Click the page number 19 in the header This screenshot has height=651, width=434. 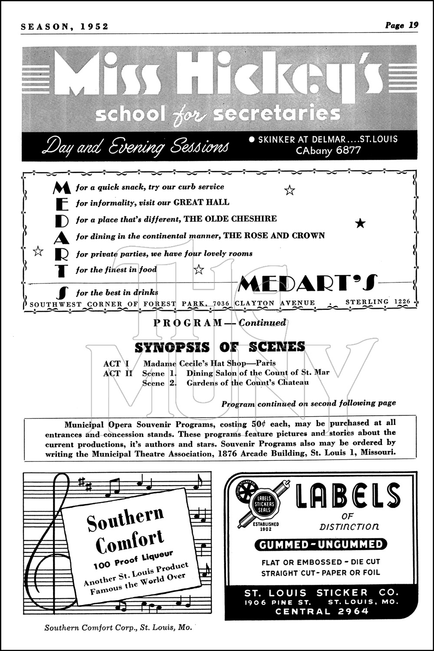(x=413, y=25)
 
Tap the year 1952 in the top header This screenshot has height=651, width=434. (x=94, y=26)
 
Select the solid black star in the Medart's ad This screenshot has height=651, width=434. (x=360, y=224)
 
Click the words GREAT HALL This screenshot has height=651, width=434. (x=201, y=202)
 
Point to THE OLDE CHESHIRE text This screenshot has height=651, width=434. (x=230, y=219)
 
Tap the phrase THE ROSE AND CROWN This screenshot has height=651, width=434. (x=274, y=236)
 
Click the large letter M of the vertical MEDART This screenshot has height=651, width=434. (x=61, y=187)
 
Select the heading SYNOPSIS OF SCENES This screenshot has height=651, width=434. (x=220, y=347)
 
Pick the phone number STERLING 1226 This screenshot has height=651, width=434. (x=378, y=302)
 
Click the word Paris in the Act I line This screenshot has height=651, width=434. (x=266, y=363)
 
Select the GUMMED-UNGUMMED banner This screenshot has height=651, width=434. (x=321, y=544)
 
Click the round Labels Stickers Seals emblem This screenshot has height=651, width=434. (x=264, y=504)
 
